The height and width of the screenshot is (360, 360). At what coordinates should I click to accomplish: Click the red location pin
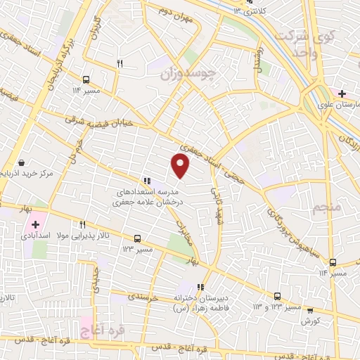tap(181, 165)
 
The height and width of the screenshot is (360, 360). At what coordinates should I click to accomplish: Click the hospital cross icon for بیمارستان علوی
tap(342, 94)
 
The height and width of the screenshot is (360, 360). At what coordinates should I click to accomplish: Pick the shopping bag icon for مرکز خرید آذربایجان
tap(21, 162)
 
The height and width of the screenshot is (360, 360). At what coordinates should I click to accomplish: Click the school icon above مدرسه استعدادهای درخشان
tap(146, 180)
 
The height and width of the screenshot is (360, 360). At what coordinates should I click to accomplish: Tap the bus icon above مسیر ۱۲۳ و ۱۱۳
tap(278, 296)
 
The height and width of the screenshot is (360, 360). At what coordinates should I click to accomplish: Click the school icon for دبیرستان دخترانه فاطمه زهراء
tap(200, 287)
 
